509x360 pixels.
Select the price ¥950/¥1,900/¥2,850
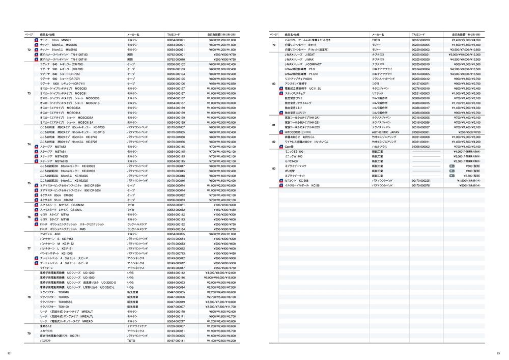pos(223,84)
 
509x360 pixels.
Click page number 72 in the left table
pos(29,49)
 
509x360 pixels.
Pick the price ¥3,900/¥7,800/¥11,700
pos(222,307)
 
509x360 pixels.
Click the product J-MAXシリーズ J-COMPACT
pos(303,64)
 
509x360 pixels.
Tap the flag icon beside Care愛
pos(281,147)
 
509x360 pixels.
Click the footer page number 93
pos(498,353)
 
